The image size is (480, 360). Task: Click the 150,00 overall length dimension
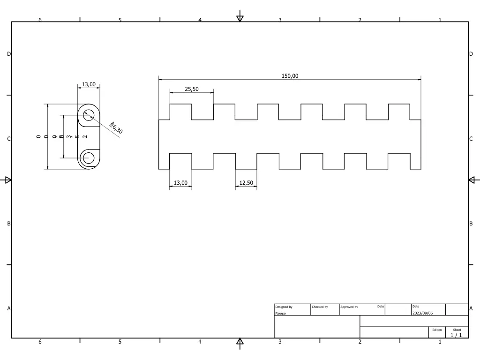pos(290,76)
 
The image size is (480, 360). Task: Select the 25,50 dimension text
pos(192,89)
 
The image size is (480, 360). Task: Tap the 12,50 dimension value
pos(246,182)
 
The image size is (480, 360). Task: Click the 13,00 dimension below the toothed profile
pos(180,182)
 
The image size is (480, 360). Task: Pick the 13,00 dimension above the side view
pos(89,84)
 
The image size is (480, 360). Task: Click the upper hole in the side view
pos(89,115)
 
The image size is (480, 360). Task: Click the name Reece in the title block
pos(280,314)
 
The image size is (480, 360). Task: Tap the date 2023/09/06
pos(422,313)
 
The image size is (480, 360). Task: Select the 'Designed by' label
pos(284,307)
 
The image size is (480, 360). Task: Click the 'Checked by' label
pos(320,307)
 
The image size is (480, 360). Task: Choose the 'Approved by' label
pos(349,307)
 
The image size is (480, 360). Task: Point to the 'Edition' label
pos(437,330)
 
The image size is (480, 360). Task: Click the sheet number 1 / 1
pos(456,335)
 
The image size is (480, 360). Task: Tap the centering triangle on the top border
pos(240,18)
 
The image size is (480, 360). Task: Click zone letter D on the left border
pos(8,54)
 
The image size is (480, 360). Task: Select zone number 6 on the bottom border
pos(40,342)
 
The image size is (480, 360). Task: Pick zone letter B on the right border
pos(471,224)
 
